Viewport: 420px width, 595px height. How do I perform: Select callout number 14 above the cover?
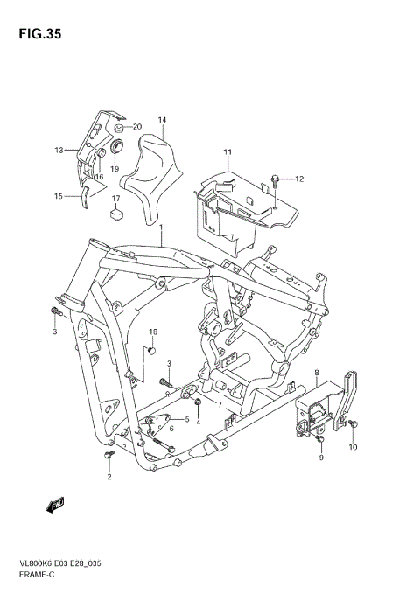[162, 120]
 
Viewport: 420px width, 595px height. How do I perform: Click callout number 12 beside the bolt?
[298, 179]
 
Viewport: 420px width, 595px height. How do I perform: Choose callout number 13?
[59, 150]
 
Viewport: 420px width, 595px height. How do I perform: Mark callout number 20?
[137, 127]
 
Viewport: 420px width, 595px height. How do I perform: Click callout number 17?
[115, 199]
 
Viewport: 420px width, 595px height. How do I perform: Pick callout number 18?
[152, 332]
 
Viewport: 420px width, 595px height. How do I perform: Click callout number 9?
[321, 458]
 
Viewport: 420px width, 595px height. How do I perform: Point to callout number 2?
[109, 477]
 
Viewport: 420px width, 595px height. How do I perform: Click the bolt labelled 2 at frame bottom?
[108, 457]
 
